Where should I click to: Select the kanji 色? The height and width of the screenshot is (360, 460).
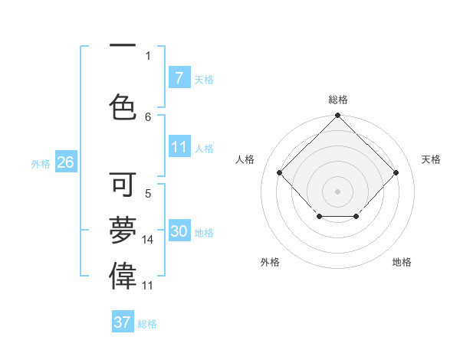click(123, 106)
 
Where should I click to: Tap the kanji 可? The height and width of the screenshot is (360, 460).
click(123, 185)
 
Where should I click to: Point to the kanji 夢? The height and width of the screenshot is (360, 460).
click(123, 230)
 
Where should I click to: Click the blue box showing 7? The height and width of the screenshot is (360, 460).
click(179, 77)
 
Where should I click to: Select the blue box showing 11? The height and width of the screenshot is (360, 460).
click(179, 147)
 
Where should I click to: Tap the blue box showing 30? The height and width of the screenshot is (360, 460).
click(179, 231)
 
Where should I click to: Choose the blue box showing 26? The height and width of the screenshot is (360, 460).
click(65, 162)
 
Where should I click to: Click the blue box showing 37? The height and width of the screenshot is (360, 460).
click(123, 322)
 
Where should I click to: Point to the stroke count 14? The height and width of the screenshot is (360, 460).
click(148, 240)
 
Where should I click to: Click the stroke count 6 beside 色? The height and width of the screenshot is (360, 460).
click(148, 116)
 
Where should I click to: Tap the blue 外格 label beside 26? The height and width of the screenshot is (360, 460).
click(41, 163)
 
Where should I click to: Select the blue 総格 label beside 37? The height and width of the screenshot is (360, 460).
click(147, 323)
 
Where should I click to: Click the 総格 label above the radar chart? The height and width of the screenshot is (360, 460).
click(338, 100)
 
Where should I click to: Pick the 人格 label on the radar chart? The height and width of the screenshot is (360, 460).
click(245, 159)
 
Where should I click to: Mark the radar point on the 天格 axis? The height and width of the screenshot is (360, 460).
click(396, 172)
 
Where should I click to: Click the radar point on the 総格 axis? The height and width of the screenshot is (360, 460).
click(337, 116)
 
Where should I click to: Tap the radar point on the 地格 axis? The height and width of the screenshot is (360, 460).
click(356, 218)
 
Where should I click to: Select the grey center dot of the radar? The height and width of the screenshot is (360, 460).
click(337, 191)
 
